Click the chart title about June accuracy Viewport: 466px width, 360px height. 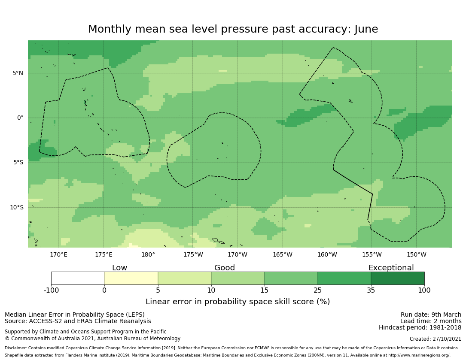(233, 29)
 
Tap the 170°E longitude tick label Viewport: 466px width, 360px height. (58, 255)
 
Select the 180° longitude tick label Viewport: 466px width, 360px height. (148, 255)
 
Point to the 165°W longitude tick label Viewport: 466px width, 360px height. (282, 255)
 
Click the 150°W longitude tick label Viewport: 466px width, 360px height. (416, 255)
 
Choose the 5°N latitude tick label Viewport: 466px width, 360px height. (18, 73)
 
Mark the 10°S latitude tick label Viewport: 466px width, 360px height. (16, 207)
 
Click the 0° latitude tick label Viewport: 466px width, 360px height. (20, 118)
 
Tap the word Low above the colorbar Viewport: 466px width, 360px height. (119, 268)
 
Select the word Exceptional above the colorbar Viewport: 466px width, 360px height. (391, 268)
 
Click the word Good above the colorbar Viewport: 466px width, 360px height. (225, 268)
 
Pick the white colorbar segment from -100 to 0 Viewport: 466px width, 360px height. (78, 278)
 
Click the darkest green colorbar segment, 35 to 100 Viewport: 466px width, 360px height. (397, 278)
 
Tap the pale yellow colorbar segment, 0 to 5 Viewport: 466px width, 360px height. (131, 278)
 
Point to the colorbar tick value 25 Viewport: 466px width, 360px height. (318, 290)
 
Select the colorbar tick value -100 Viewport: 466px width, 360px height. (51, 290)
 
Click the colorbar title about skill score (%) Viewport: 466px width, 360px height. (238, 302)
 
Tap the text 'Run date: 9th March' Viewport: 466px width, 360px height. (431, 315)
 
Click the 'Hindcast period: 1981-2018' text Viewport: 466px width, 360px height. (420, 327)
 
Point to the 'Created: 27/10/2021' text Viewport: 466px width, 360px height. (436, 339)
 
